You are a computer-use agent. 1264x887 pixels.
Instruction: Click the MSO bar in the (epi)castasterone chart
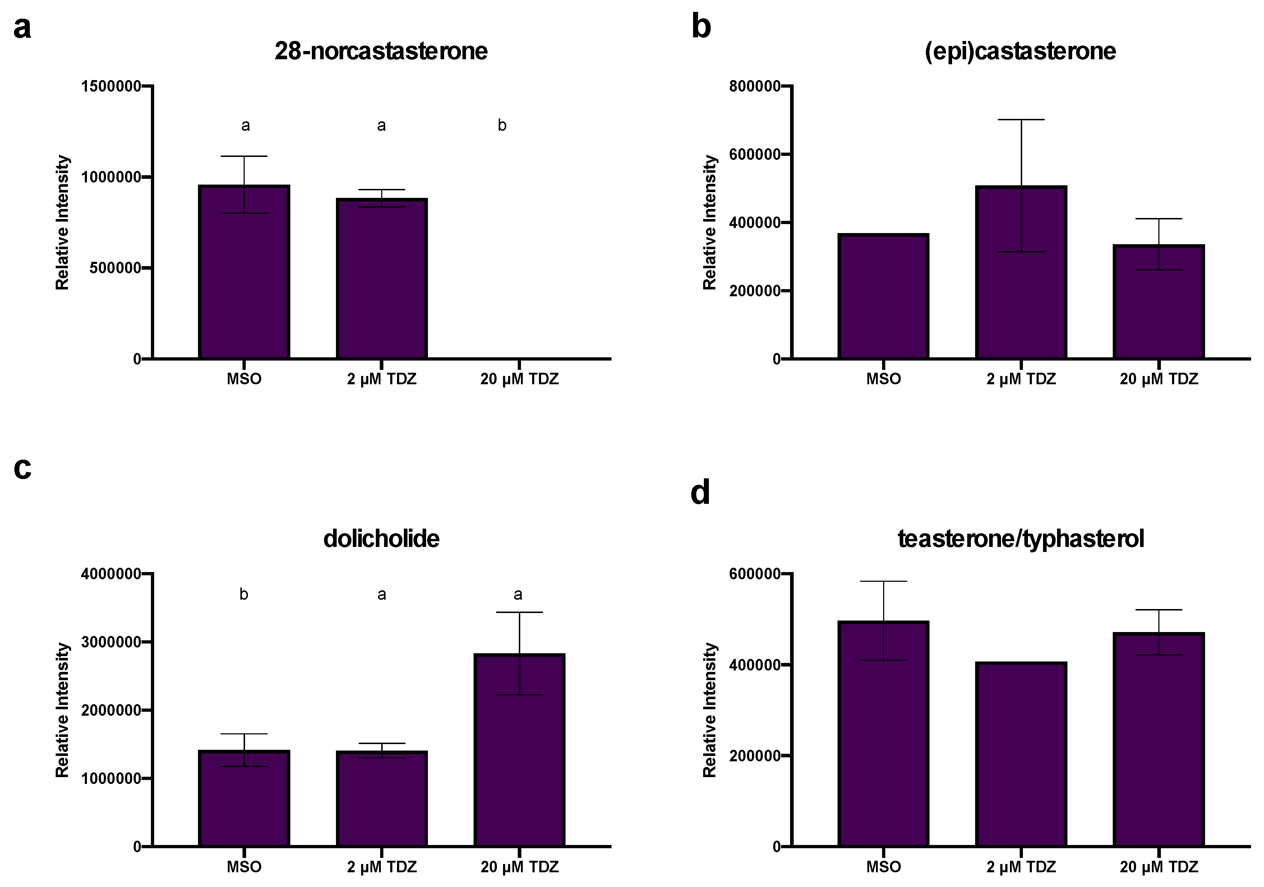click(x=883, y=297)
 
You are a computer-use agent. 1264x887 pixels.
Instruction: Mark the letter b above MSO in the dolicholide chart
click(x=244, y=594)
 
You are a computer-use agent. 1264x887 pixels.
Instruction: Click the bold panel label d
click(x=700, y=492)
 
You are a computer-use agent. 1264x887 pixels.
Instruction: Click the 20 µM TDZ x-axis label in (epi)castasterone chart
click(x=1158, y=379)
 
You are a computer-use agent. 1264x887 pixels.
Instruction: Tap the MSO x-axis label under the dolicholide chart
click(x=244, y=867)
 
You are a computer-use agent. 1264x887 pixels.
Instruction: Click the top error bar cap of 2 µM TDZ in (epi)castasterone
click(x=1021, y=119)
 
